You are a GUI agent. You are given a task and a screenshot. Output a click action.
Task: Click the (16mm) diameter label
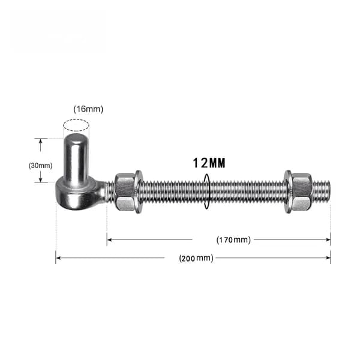88,109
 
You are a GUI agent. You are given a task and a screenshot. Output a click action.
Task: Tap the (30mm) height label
40,166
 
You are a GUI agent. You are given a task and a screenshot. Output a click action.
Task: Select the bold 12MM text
209,163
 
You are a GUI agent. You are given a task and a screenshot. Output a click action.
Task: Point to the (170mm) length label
233,240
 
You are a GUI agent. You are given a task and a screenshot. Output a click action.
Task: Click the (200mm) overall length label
196,258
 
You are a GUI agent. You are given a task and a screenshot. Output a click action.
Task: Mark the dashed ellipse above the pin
76,125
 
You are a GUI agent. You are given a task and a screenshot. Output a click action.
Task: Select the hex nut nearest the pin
125,192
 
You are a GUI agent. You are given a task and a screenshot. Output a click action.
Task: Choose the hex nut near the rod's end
302,192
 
